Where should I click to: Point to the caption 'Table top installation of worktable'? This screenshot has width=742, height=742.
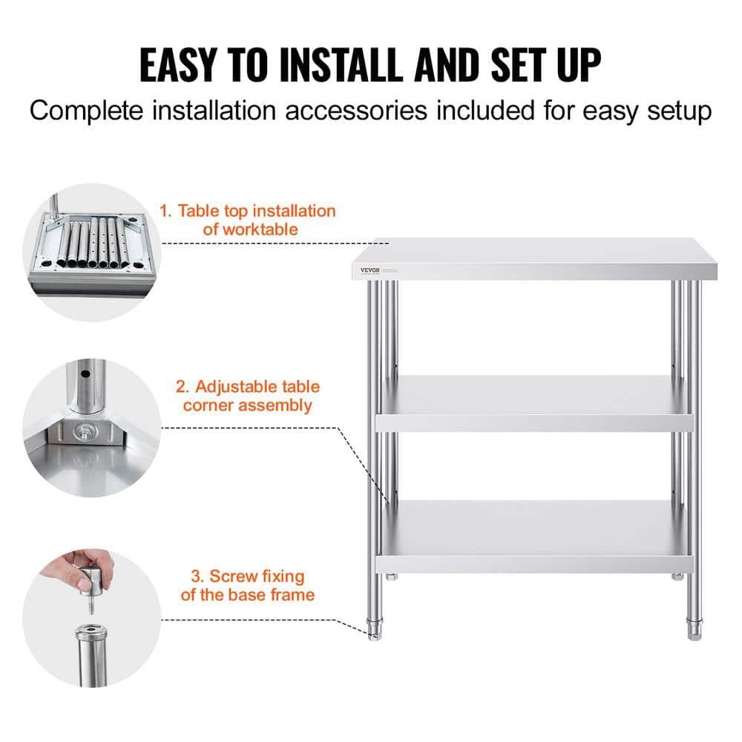[x=248, y=220]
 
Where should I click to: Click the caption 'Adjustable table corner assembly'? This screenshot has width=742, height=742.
[x=248, y=395]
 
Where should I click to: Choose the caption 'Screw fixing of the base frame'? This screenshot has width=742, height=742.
[x=248, y=585]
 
